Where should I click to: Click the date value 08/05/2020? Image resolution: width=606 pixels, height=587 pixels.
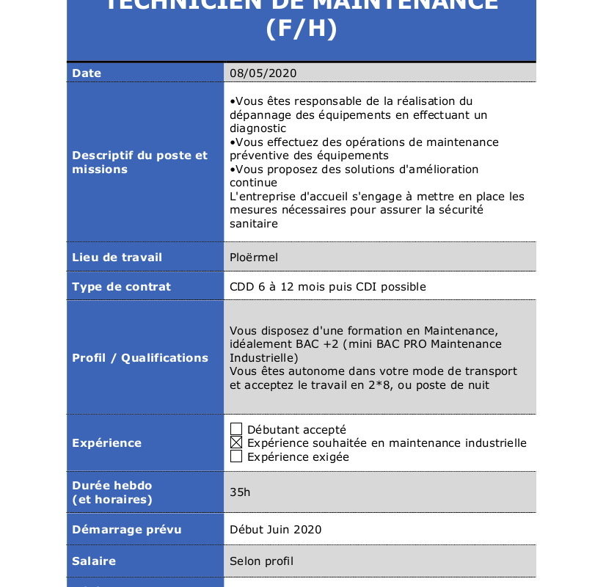263,73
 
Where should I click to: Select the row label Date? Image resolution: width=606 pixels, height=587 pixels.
87,73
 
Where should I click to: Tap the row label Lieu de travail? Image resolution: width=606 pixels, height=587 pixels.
117,258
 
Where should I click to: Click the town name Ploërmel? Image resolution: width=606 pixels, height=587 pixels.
254,258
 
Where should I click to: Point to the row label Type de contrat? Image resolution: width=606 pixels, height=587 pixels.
121,287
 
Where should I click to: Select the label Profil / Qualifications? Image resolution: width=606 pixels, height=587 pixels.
139,358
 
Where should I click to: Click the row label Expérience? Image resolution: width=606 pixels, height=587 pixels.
106,443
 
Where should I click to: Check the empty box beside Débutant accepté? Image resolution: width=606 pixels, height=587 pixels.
236,429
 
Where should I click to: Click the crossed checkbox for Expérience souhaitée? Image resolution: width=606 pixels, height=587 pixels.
236,442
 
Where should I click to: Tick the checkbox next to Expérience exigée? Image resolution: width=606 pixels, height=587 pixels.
236,456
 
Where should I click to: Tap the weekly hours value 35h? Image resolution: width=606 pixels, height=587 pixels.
240,492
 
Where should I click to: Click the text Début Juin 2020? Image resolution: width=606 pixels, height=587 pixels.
275,530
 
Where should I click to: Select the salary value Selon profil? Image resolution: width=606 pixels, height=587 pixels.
261,561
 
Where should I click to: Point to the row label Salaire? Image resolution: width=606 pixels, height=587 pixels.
94,561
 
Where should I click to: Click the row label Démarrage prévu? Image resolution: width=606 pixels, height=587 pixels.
126,530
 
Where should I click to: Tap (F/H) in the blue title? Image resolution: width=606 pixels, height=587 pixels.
301,29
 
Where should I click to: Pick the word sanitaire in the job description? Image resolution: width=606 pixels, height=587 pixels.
254,224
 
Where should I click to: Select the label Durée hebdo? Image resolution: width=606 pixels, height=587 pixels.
112,486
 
